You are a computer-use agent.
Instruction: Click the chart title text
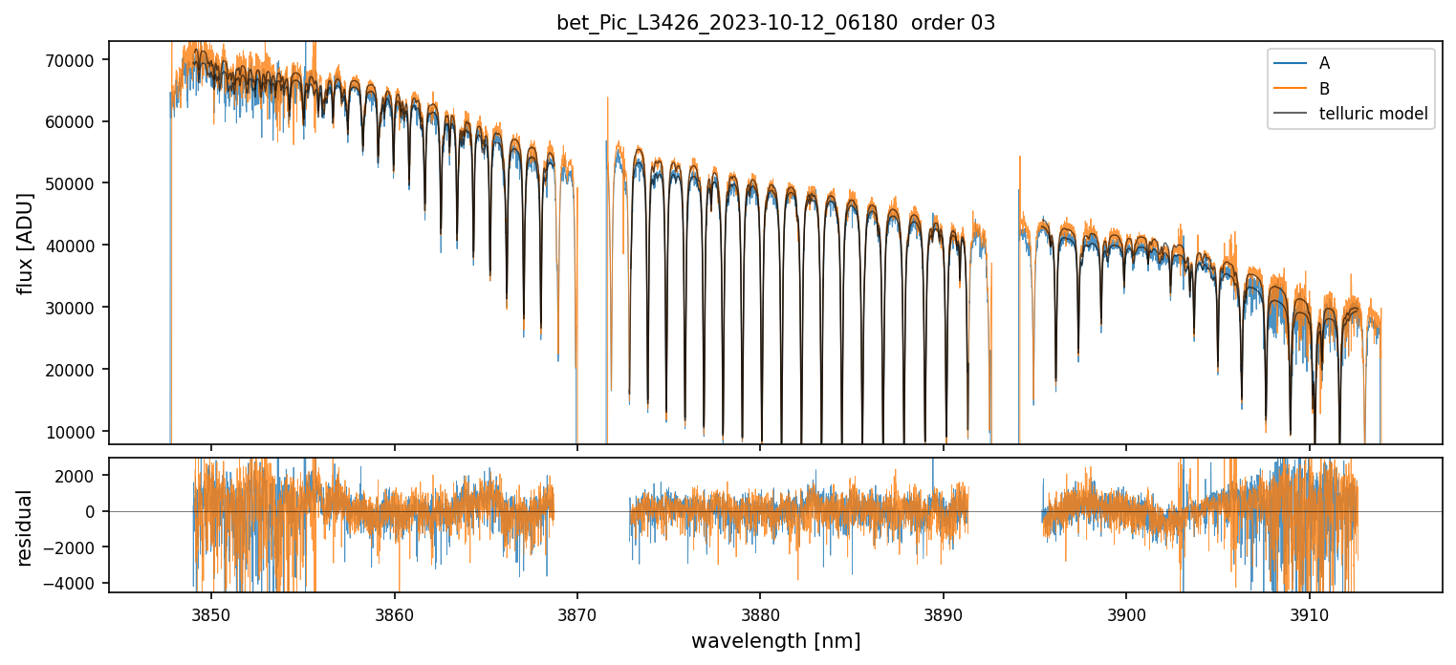775,23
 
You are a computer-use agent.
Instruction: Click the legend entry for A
1324,63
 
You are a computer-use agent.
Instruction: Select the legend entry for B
1324,89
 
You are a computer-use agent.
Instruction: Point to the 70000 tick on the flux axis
71,60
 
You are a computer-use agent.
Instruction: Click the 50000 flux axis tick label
71,183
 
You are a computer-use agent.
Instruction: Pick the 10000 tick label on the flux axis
71,432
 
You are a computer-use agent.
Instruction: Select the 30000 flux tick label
71,308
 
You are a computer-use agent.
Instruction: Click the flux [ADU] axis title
26,243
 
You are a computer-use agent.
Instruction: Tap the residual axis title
26,527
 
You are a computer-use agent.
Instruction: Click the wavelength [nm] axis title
775,641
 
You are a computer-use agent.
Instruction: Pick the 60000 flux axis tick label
71,121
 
